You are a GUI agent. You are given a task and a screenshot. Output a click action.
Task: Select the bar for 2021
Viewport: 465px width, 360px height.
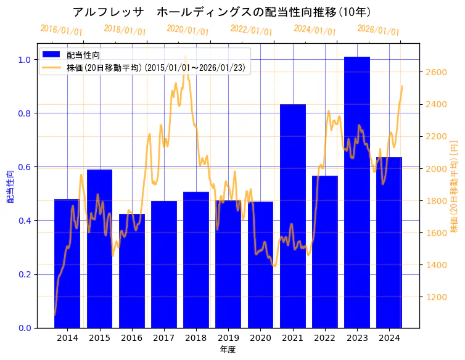293,216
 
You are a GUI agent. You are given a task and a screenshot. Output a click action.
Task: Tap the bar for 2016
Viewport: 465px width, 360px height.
132,271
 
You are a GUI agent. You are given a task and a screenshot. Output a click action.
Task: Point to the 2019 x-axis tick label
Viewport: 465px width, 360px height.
228,338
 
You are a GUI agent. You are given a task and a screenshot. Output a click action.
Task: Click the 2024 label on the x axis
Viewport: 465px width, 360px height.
389,338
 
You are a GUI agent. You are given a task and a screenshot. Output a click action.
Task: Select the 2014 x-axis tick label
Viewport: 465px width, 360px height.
68,338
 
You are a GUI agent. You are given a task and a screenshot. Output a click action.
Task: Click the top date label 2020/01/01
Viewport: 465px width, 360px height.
188,30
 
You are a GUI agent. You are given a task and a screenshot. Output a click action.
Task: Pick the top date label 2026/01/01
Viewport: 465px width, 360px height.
379,30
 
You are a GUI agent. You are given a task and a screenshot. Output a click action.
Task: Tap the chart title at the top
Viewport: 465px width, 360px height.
222,12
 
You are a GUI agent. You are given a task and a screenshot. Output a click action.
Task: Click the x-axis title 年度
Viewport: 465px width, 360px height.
228,350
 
